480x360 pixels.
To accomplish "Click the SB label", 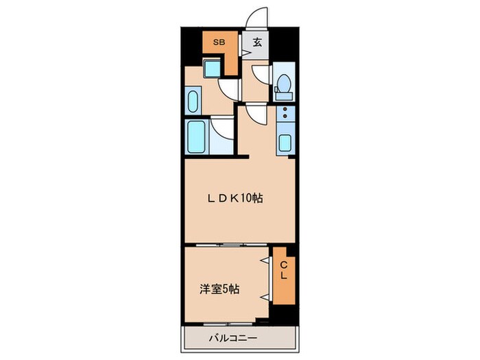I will (217, 43).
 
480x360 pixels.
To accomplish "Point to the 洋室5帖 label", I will (219, 289).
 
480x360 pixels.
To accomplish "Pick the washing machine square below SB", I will (213, 67).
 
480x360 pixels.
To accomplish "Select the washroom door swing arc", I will (228, 88).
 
